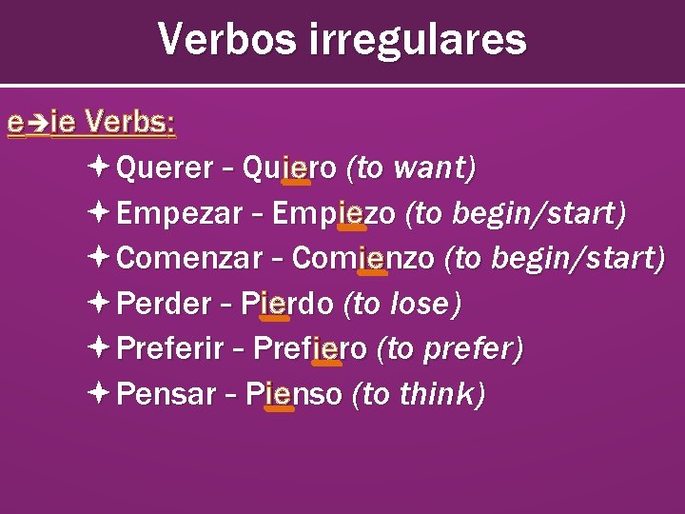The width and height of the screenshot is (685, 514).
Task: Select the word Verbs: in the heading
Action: coord(129,123)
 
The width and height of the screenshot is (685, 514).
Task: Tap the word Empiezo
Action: coord(334,214)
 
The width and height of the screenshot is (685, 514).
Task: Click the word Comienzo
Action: coord(363,258)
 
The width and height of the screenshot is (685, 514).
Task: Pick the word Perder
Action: coord(163,304)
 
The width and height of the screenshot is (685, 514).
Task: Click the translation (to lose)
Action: coord(402,304)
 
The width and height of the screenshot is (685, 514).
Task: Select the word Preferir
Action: coord(169,349)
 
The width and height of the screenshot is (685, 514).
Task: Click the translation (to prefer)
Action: coord(450,349)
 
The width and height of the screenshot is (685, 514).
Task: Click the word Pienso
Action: coord(292,394)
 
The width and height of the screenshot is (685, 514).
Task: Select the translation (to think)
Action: coord(419,394)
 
